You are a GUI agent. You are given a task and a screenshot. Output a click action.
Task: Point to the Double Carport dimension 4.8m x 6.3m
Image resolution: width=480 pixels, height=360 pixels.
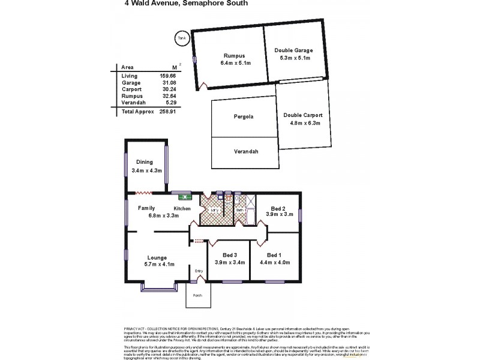pos(303,123)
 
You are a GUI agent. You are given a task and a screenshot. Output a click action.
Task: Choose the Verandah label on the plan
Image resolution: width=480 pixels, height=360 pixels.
pos(246,152)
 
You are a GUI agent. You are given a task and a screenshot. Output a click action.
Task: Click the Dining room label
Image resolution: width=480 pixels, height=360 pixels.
pos(145,161)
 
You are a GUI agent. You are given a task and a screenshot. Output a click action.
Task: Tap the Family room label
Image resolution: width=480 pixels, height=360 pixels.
pos(146,208)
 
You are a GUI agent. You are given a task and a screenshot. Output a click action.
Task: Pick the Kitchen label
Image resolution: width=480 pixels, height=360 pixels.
pos(182,208)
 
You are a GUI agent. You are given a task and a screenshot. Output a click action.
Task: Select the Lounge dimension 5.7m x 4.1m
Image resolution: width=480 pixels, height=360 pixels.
pos(159,263)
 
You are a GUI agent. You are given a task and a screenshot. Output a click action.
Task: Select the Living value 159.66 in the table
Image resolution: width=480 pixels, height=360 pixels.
pos(167,76)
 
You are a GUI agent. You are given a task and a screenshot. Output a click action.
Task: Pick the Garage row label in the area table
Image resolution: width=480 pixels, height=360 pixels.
pos(130,82)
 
